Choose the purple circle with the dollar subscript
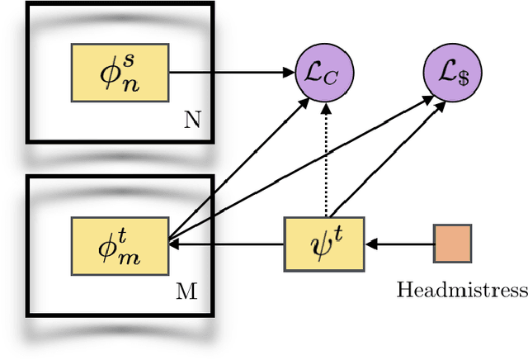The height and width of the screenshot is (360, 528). [453, 72]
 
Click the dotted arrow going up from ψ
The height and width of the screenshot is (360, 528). [327, 157]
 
